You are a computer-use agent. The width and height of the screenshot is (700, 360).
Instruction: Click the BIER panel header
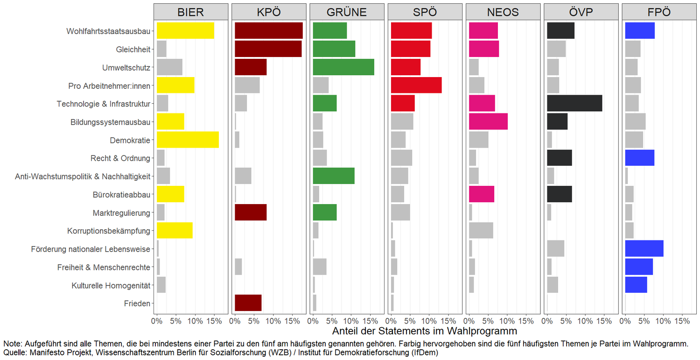(191, 12)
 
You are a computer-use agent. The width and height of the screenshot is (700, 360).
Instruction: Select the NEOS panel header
(503, 12)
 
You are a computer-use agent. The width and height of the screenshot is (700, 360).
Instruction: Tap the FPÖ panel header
(659, 12)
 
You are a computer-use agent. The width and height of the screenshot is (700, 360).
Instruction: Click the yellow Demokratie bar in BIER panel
(188, 140)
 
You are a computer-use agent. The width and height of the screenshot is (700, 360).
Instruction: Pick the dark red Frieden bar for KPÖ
(248, 303)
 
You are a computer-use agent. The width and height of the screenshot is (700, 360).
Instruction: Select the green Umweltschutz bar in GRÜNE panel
(343, 67)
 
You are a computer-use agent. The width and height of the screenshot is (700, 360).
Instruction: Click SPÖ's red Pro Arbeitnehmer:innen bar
(416, 85)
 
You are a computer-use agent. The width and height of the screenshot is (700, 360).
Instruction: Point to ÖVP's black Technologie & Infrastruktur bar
(574, 104)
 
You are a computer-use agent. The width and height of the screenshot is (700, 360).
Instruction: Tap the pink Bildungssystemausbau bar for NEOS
(488, 121)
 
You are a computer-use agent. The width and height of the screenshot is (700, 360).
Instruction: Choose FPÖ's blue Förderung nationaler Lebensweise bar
(644, 249)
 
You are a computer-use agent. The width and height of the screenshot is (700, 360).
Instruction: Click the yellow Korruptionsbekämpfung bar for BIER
(175, 231)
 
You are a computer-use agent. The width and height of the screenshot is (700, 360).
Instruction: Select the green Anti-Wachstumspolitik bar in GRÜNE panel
(334, 176)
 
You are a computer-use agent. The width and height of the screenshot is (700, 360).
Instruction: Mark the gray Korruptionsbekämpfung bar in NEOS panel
(481, 231)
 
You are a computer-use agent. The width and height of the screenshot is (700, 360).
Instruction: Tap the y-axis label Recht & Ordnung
(120, 158)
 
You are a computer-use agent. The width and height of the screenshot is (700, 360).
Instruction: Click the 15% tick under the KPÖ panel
(292, 321)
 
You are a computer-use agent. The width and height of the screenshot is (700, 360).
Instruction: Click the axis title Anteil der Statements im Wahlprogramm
(425, 332)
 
